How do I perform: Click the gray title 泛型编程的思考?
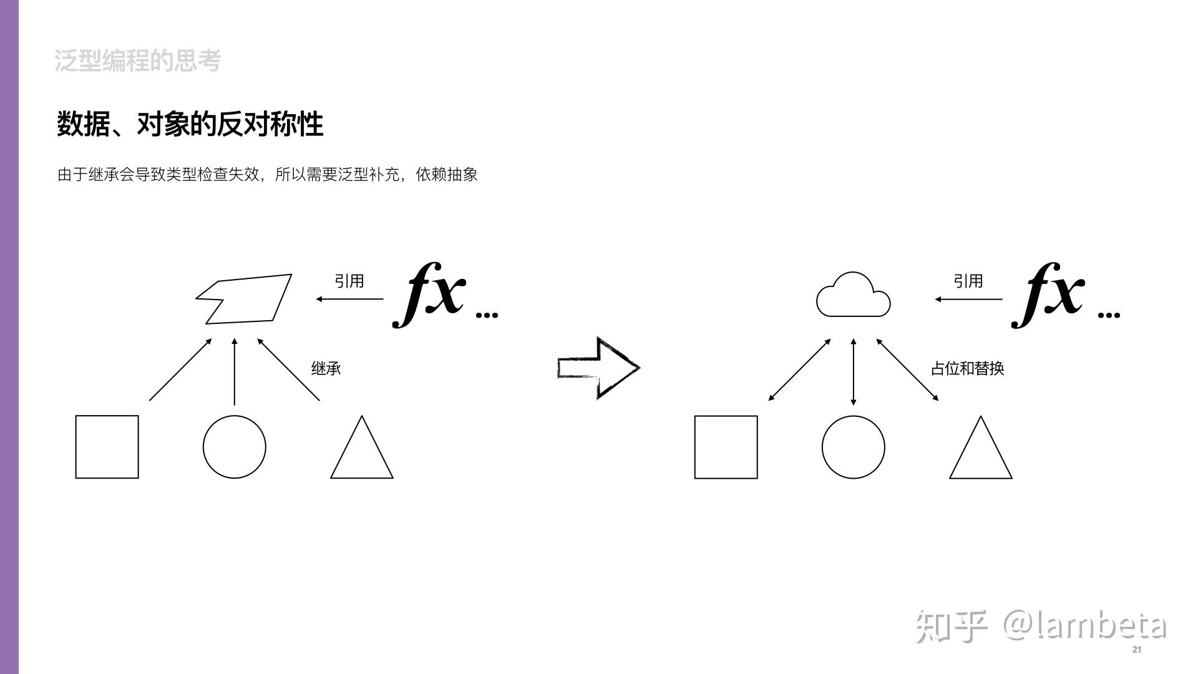pos(138,61)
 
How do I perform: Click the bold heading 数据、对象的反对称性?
pos(190,124)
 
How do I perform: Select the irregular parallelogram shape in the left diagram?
pos(246,300)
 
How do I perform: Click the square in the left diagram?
pos(107,447)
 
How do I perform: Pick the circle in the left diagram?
pos(234,447)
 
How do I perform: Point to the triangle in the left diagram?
pos(362,452)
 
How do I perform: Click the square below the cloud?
pos(726,447)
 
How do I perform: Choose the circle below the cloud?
pos(853,447)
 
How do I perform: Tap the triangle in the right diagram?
pos(980,452)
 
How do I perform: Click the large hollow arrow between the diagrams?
pos(598,368)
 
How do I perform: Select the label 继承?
pos(326,368)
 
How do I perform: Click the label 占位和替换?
pos(967,368)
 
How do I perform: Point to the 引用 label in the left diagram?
pos(349,281)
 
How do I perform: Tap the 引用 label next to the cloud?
pos(968,281)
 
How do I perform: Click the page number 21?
pos(1136,650)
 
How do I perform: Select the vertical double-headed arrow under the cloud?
pos(853,372)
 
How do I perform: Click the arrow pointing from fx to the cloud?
pos(968,299)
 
